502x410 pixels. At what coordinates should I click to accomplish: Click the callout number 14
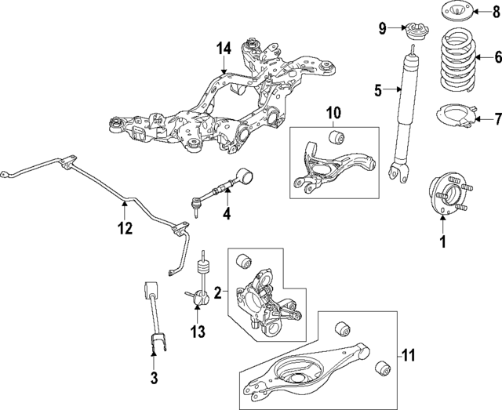(224, 49)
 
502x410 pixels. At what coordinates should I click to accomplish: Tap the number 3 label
(154, 379)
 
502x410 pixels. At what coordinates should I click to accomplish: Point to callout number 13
(198, 332)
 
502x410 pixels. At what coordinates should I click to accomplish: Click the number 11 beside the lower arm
(407, 354)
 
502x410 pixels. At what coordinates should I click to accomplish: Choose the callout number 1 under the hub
(442, 242)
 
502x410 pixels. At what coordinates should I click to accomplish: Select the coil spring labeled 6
(457, 57)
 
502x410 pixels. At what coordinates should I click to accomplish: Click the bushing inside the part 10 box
(336, 139)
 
